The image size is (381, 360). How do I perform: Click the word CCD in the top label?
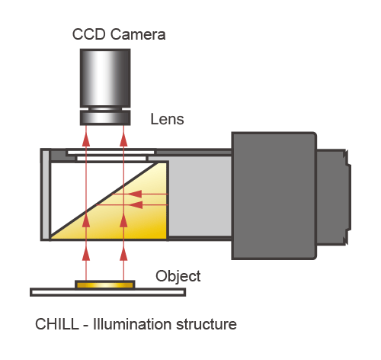(x=88, y=34)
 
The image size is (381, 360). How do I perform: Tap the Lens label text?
(x=167, y=119)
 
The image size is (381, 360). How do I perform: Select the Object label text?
(x=178, y=277)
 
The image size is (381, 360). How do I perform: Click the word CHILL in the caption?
(x=57, y=324)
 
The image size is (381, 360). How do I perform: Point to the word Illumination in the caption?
(x=133, y=324)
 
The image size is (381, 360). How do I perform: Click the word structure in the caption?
(x=207, y=324)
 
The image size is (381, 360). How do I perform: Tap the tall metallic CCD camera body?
(x=105, y=78)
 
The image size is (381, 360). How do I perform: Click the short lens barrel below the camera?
(x=105, y=117)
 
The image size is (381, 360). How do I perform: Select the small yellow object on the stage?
(x=105, y=284)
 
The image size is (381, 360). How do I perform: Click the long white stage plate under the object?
(x=107, y=292)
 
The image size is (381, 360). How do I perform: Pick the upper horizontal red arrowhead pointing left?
(x=135, y=194)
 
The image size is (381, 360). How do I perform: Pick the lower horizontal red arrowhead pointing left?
(x=136, y=204)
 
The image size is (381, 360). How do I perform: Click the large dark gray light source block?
(x=274, y=195)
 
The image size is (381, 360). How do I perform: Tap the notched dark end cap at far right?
(x=334, y=197)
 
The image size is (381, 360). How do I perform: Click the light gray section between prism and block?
(x=200, y=196)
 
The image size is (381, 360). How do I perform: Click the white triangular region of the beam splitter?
(x=86, y=185)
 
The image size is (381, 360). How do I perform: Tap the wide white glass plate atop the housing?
(x=110, y=153)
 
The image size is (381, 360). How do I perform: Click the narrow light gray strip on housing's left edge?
(x=46, y=194)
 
